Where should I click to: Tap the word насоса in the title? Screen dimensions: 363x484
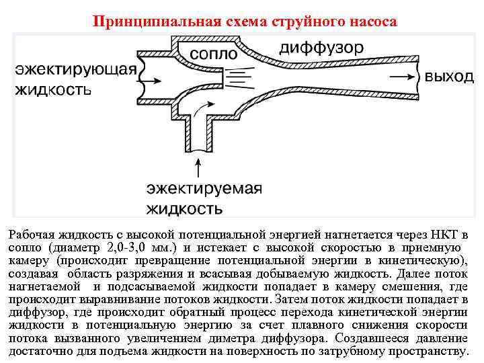click(371, 22)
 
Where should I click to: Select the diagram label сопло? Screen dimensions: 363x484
click(213, 52)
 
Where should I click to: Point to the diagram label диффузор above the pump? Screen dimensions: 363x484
click(322, 48)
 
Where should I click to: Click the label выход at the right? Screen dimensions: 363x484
click(449, 77)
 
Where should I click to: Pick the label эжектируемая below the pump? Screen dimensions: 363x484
click(204, 188)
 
